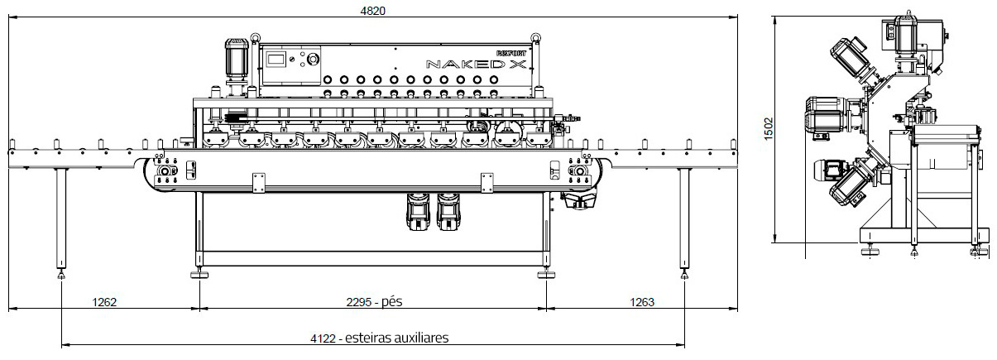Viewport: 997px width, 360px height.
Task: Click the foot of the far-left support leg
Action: (x=62, y=275)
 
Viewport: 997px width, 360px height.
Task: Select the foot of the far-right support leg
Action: (x=684, y=275)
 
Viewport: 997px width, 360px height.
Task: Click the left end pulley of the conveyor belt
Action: (x=164, y=171)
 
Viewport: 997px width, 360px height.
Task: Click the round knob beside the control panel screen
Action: (x=314, y=60)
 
